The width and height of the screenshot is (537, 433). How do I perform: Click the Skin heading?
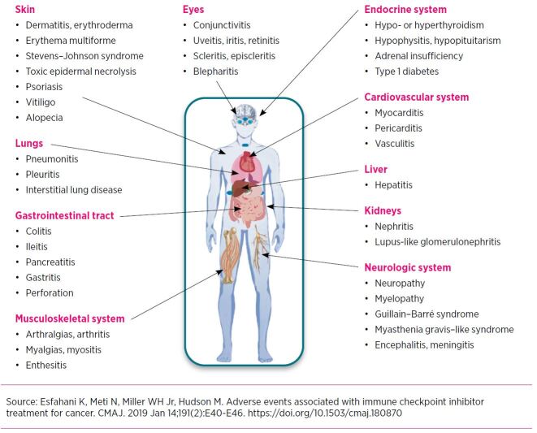click(24, 9)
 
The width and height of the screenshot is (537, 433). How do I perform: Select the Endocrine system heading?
click(405, 10)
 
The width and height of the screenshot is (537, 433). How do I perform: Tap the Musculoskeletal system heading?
click(70, 318)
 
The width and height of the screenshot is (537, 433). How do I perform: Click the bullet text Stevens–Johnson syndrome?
click(84, 56)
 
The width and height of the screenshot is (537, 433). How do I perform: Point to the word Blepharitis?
click(215, 71)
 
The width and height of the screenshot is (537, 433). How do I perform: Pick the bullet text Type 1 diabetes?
click(406, 71)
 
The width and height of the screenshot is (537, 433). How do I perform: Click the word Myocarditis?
click(399, 113)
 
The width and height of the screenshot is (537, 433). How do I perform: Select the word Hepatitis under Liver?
click(393, 185)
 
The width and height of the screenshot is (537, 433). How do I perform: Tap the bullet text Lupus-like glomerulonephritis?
click(437, 242)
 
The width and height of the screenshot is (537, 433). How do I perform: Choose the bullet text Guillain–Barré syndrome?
click(427, 314)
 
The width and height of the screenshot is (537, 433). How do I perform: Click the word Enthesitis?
click(45, 366)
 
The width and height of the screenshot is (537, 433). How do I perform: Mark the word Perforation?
click(50, 293)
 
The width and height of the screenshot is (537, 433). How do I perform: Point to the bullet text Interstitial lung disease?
click(74, 190)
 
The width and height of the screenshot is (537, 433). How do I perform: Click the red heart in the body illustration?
click(248, 162)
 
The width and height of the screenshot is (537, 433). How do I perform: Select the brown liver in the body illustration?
click(240, 188)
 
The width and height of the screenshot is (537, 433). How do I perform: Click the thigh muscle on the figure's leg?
click(230, 256)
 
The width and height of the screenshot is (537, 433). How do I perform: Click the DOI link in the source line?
click(325, 414)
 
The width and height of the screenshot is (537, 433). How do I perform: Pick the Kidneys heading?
click(383, 210)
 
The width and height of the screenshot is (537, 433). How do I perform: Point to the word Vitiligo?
click(41, 102)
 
